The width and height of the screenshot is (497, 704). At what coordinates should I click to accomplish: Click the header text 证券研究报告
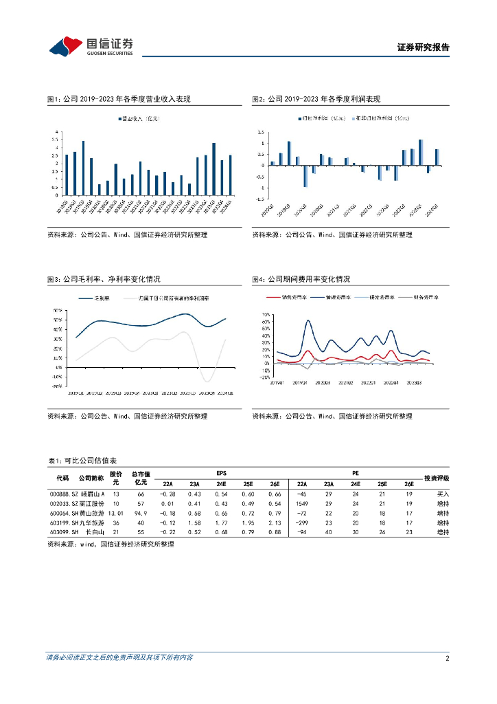[x=424, y=47]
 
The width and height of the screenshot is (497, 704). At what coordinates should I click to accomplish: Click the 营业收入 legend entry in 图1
[x=139, y=119]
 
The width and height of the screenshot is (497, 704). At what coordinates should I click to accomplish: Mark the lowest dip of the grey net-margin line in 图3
[x=207, y=381]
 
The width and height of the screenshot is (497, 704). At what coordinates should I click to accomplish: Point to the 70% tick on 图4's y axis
[x=266, y=313]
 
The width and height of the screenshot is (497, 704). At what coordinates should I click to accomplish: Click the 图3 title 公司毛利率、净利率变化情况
[x=104, y=279]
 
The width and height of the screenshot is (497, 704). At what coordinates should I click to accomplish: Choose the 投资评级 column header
[x=436, y=478]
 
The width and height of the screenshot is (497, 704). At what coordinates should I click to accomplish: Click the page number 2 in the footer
[x=447, y=658]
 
